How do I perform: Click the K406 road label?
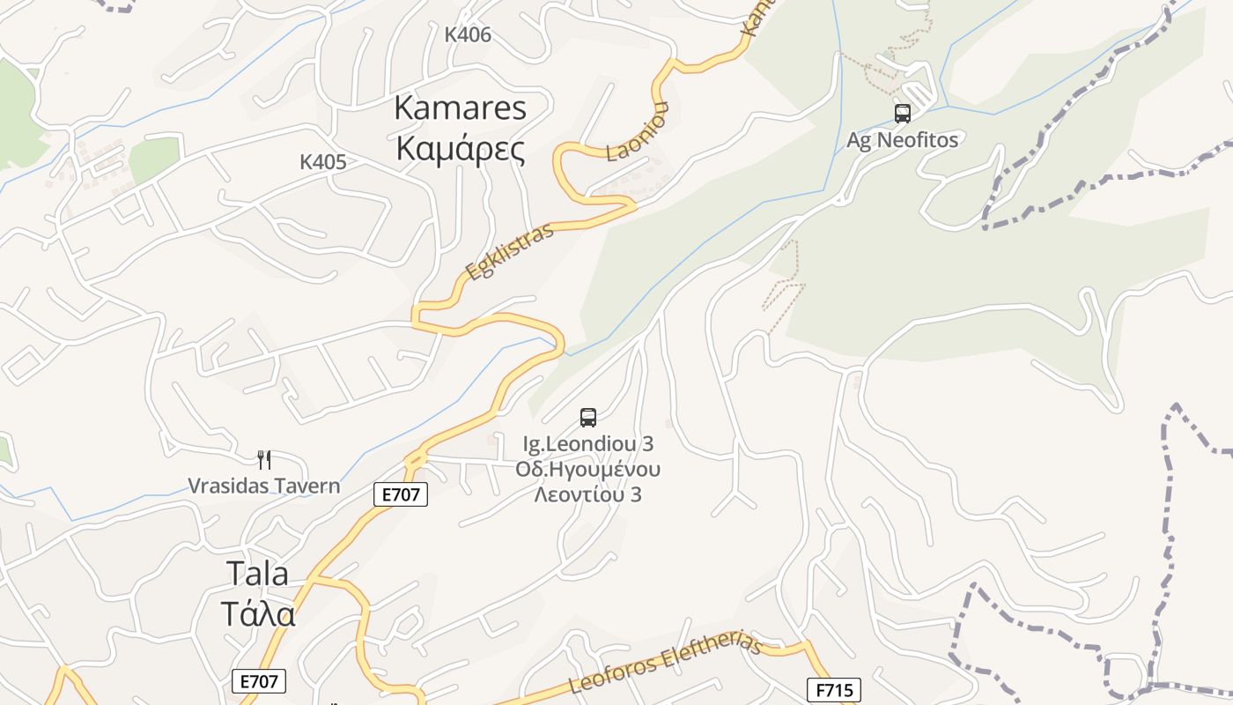pyautogui.click(x=468, y=35)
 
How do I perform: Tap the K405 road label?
pyautogui.click(x=322, y=162)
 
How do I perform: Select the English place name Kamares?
pyautogui.click(x=460, y=108)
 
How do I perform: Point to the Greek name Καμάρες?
pyautogui.click(x=460, y=149)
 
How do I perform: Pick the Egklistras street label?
pyautogui.click(x=510, y=252)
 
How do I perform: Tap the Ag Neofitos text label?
pyautogui.click(x=902, y=139)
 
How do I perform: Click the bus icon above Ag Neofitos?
pyautogui.click(x=902, y=114)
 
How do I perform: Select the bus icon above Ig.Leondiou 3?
pyautogui.click(x=588, y=418)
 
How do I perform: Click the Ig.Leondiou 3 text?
pyautogui.click(x=587, y=443)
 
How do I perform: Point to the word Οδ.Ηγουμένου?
pyautogui.click(x=587, y=469)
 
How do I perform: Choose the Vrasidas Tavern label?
pyautogui.click(x=263, y=486)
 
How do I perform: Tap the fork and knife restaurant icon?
pyautogui.click(x=263, y=459)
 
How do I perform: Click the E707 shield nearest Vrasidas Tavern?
pyautogui.click(x=401, y=495)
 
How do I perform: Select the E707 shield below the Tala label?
pyautogui.click(x=259, y=681)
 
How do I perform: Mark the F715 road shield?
pyautogui.click(x=833, y=689)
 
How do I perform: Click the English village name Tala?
pyautogui.click(x=257, y=574)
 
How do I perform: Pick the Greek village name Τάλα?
pyautogui.click(x=257, y=614)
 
